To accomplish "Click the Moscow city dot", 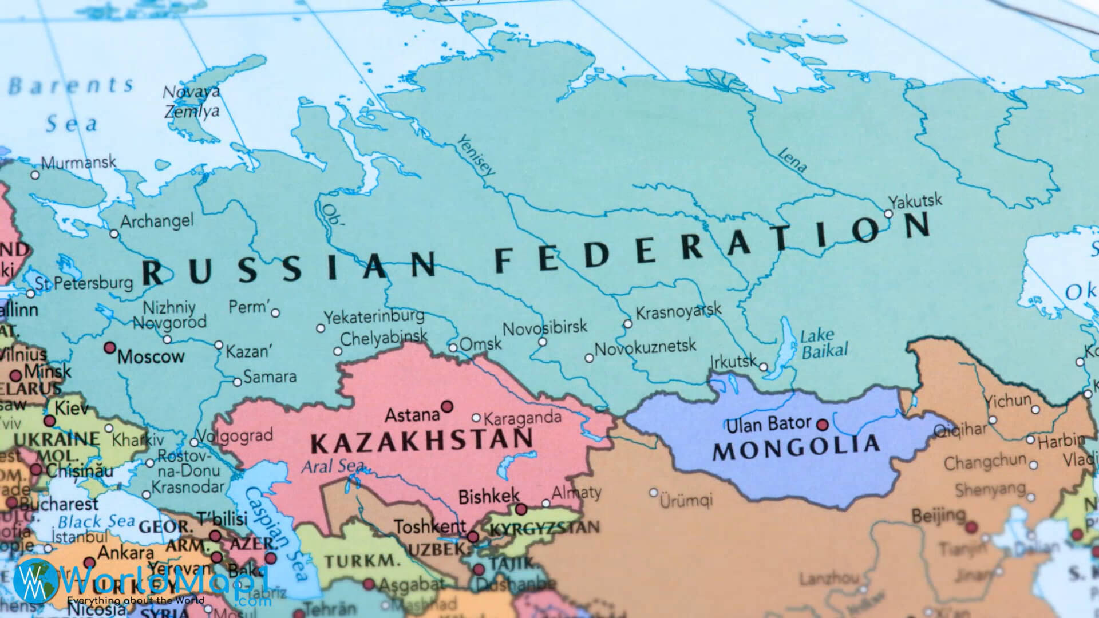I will click(109, 348).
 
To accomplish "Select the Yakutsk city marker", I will click(888, 213).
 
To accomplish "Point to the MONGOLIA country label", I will click(796, 447).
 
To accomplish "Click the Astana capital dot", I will click(448, 406).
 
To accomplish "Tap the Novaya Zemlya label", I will click(192, 101).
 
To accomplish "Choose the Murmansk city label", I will click(78, 163).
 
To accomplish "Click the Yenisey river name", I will click(476, 154).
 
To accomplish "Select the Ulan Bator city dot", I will click(823, 425).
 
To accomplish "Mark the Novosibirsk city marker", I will click(542, 342).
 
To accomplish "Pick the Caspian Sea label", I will click(273, 530).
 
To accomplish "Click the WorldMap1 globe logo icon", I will click(36, 580).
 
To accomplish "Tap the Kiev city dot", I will click(50, 421).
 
